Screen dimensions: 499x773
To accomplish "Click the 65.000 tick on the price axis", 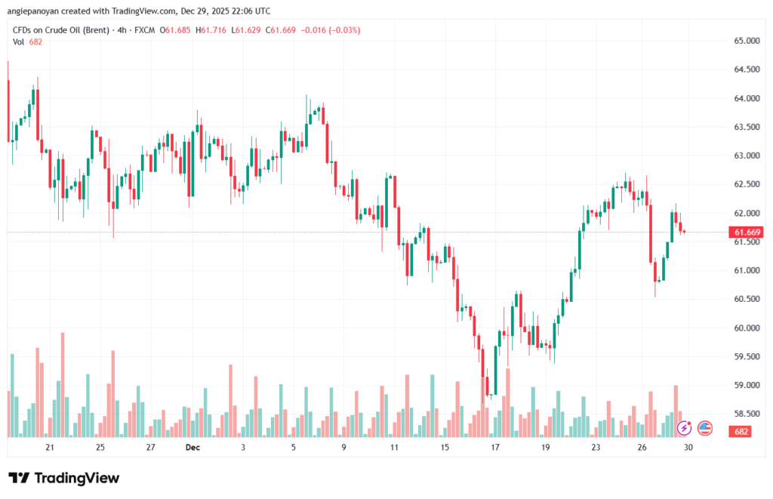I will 746,40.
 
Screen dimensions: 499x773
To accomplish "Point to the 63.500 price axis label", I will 746,127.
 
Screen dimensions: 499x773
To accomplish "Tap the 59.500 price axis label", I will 746,356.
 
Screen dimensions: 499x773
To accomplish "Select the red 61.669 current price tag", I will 747,233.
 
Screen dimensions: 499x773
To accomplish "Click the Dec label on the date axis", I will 192,448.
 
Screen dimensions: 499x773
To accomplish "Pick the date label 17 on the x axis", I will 495,448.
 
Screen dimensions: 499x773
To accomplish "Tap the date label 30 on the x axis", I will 688,448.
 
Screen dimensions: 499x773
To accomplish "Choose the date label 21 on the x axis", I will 50,448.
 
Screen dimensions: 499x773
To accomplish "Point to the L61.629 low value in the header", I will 250,30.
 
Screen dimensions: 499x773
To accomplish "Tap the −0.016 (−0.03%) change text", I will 331,30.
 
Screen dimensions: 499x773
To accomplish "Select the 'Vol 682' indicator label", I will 27,42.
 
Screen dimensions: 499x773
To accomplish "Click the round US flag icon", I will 705,428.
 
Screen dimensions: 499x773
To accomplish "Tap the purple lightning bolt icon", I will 685,428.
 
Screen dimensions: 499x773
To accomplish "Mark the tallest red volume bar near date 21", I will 63,385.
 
